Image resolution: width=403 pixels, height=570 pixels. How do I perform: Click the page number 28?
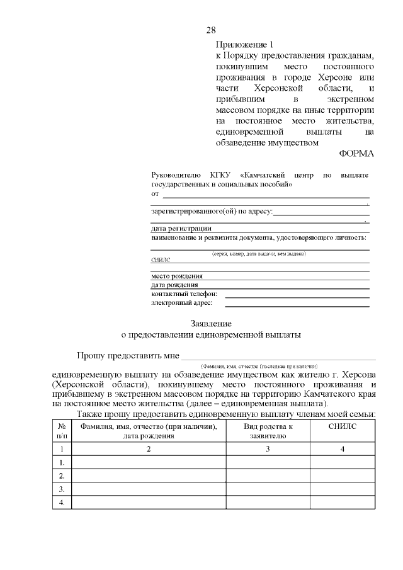tap(212, 30)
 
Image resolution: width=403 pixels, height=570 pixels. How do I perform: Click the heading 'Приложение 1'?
tap(245, 45)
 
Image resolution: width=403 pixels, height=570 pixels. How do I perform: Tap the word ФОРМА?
tap(356, 153)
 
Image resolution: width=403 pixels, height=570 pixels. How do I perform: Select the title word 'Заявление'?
tap(211, 323)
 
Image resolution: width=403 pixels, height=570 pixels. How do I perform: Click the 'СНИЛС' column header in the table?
tap(343, 426)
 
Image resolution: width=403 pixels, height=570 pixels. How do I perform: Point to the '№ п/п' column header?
tap(62, 431)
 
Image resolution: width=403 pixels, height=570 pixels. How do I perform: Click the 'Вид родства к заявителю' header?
tap(268, 431)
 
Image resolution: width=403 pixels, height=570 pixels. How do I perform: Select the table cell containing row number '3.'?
tap(62, 489)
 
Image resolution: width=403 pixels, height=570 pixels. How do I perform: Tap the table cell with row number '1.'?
tap(62, 462)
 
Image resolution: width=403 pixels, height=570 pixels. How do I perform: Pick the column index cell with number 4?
tap(343, 449)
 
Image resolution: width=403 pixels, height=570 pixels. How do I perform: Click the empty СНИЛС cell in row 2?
tap(343, 476)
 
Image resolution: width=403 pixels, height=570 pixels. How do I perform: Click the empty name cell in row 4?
tap(149, 502)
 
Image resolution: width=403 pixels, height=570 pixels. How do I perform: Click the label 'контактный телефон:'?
tap(184, 294)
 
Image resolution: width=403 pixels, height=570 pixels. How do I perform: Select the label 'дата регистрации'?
tap(181, 228)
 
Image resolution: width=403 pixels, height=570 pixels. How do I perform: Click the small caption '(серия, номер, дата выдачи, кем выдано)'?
tap(259, 253)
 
